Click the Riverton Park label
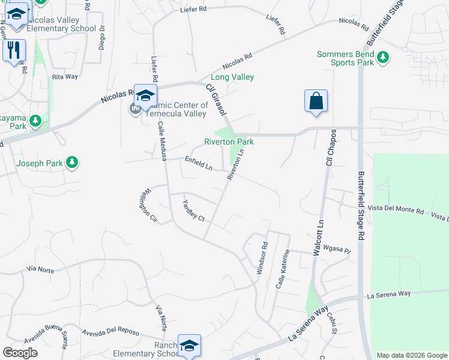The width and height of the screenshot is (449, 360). [x=229, y=142]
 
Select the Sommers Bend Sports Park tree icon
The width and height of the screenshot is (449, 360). [x=382, y=58]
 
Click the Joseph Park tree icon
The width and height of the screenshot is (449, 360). [x=72, y=163]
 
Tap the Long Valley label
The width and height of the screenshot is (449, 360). [x=232, y=77]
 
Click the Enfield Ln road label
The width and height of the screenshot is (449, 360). [x=199, y=163]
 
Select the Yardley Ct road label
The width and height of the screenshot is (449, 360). [x=194, y=210]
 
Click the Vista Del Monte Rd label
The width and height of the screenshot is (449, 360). [x=396, y=212]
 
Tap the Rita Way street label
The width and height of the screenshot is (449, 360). [x=65, y=77]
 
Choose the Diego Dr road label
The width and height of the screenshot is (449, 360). [x=102, y=37]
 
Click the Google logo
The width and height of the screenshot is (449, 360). [x=20, y=353]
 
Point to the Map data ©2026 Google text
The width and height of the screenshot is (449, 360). [x=411, y=355]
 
